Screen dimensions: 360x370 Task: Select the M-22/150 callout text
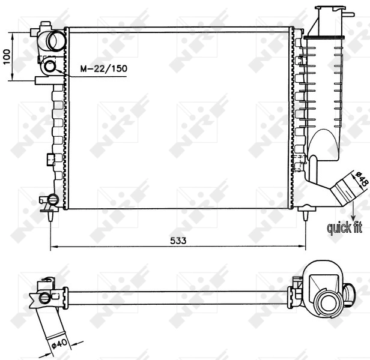(x=104, y=69)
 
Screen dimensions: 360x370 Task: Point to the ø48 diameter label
(x=361, y=179)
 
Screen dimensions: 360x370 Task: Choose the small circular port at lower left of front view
(x=52, y=199)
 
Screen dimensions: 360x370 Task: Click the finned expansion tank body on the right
(x=324, y=90)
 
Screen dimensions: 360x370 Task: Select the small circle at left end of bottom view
(x=44, y=298)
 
